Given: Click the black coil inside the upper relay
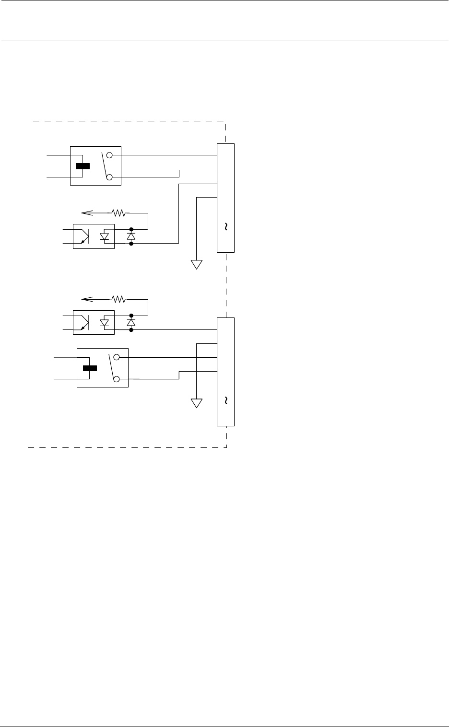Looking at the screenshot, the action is pos(83,166).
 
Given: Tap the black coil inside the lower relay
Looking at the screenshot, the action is pos(90,368).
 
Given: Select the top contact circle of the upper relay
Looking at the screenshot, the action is pos(109,155).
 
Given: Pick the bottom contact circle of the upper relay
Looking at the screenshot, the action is pos(109,178).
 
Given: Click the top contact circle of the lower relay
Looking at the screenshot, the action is pos(117,357).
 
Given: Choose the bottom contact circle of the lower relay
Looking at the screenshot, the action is pos(117,379).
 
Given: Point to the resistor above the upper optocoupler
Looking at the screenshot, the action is pos(118,212).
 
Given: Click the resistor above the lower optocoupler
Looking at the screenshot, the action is pos(118,299).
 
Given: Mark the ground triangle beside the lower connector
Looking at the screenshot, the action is pos(197,403).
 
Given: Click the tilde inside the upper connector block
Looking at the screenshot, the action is pos(225,227).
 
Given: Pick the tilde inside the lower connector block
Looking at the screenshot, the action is pos(225,400).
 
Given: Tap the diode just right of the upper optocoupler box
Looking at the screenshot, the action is pos(131,236).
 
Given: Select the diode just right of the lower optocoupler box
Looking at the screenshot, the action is pos(131,323).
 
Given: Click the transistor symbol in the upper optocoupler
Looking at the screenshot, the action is pos(84,236).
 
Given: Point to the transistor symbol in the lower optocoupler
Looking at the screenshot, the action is pos(84,323).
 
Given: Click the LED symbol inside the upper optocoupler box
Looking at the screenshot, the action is pos(104,236).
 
